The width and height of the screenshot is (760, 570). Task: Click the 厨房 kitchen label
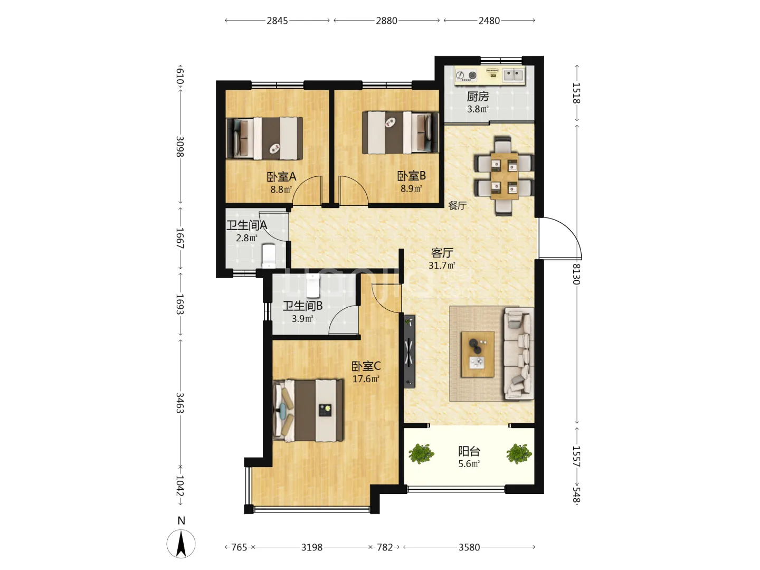pos(478,97)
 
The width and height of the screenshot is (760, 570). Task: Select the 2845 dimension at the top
pos(277,21)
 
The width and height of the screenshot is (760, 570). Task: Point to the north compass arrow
pos(180,544)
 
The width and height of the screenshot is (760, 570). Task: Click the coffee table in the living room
pos(478,354)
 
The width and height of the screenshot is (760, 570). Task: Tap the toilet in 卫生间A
pos(269,256)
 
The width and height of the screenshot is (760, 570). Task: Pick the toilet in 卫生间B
pos(313,286)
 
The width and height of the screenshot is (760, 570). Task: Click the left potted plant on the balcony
pos(421,453)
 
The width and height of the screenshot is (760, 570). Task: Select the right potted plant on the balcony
pos(519,453)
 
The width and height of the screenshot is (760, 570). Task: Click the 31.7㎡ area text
pos(442,265)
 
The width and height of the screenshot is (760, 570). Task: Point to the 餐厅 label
pos(458,206)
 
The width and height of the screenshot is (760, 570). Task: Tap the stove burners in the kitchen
pos(466,75)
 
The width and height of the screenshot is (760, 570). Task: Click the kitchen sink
pos(513,75)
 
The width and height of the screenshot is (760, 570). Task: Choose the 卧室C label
pos(366,366)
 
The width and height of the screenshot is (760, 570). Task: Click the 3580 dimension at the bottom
pos(469,547)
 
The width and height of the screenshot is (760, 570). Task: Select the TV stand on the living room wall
pos(409,351)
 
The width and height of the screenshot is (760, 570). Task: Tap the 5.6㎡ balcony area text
pos(469,464)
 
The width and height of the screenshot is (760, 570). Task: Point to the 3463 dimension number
pos(179,403)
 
